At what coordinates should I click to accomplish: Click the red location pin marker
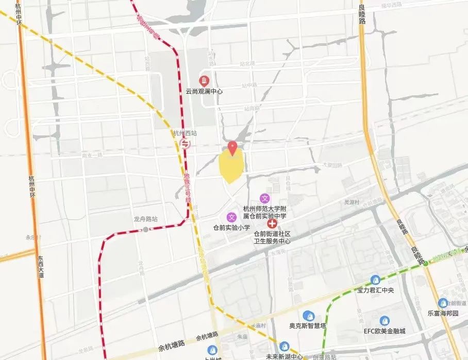(x=232, y=148)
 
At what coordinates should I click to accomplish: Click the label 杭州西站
(x=186, y=133)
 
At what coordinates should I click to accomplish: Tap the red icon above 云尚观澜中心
(x=204, y=80)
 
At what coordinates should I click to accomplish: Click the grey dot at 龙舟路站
(x=146, y=229)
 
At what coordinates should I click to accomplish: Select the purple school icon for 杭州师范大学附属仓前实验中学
(x=265, y=198)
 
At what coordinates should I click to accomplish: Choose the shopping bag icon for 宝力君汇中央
(x=375, y=280)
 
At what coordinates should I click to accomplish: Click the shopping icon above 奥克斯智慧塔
(x=308, y=315)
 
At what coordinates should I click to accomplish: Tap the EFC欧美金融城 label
(x=384, y=331)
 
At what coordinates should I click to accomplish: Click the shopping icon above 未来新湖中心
(x=284, y=347)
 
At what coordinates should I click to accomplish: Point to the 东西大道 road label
(x=40, y=267)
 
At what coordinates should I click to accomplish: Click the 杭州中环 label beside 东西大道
(x=32, y=190)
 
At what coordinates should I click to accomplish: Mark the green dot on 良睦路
(x=426, y=263)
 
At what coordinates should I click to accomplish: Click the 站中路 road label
(x=249, y=86)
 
